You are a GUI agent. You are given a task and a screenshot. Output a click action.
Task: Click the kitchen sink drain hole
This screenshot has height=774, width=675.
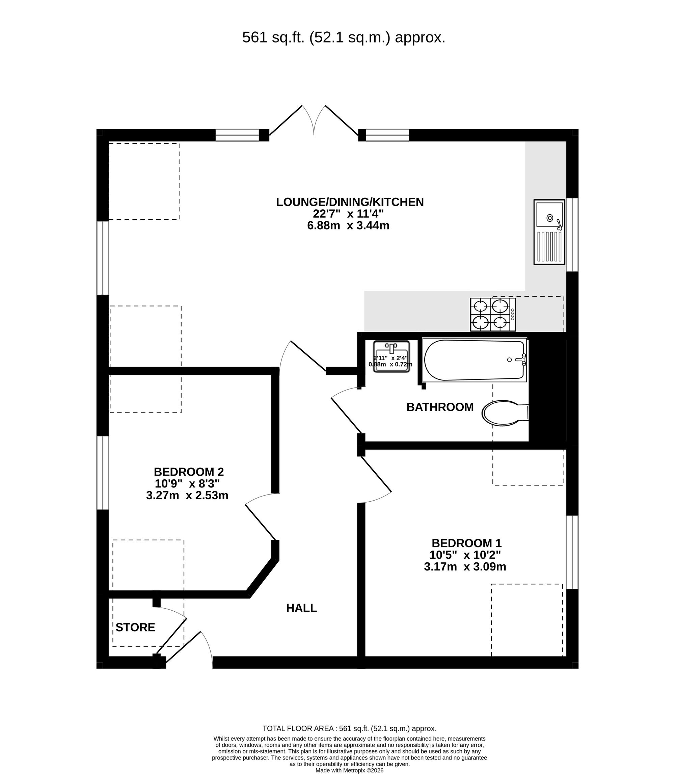pyautogui.click(x=549, y=217)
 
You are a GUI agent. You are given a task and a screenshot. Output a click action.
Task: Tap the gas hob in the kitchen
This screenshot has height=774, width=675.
pyautogui.click(x=493, y=315)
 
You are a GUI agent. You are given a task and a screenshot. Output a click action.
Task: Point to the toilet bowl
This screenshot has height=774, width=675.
pyautogui.click(x=501, y=413)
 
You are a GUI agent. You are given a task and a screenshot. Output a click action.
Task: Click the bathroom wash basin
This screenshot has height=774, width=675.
pyautogui.click(x=391, y=356)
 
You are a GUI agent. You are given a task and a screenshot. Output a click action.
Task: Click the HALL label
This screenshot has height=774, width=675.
pyautogui.click(x=301, y=608)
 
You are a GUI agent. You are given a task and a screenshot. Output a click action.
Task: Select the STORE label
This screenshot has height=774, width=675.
pyautogui.click(x=135, y=628)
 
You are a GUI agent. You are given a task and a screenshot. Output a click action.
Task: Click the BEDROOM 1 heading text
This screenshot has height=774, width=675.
pyautogui.click(x=466, y=543)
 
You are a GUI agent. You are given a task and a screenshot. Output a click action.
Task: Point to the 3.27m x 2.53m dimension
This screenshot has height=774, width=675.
pyautogui.click(x=187, y=495)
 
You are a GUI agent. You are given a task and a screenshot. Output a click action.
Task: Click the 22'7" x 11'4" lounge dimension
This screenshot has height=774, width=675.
pyautogui.click(x=348, y=214)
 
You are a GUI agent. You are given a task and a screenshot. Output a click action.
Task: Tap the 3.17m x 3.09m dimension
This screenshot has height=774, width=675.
pyautogui.click(x=465, y=566)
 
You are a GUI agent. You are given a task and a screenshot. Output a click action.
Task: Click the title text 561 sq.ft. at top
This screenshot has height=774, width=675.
pyautogui.click(x=343, y=38)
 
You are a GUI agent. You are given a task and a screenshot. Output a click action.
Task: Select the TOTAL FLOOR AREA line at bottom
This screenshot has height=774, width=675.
pyautogui.click(x=349, y=728)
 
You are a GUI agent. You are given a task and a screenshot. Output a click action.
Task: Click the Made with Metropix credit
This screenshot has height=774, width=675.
pyautogui.click(x=349, y=771)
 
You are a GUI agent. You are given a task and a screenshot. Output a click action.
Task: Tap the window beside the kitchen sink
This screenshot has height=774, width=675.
pyautogui.click(x=572, y=235)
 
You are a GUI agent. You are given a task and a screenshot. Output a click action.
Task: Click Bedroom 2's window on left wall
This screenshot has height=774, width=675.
pyautogui.click(x=103, y=473)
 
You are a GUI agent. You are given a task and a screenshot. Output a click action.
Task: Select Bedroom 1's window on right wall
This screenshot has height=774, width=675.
pyautogui.click(x=572, y=552)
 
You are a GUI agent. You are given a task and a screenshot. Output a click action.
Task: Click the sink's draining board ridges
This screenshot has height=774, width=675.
pyautogui.click(x=549, y=247)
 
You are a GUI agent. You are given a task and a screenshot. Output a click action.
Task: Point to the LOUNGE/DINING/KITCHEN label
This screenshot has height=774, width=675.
pyautogui.click(x=350, y=202)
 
